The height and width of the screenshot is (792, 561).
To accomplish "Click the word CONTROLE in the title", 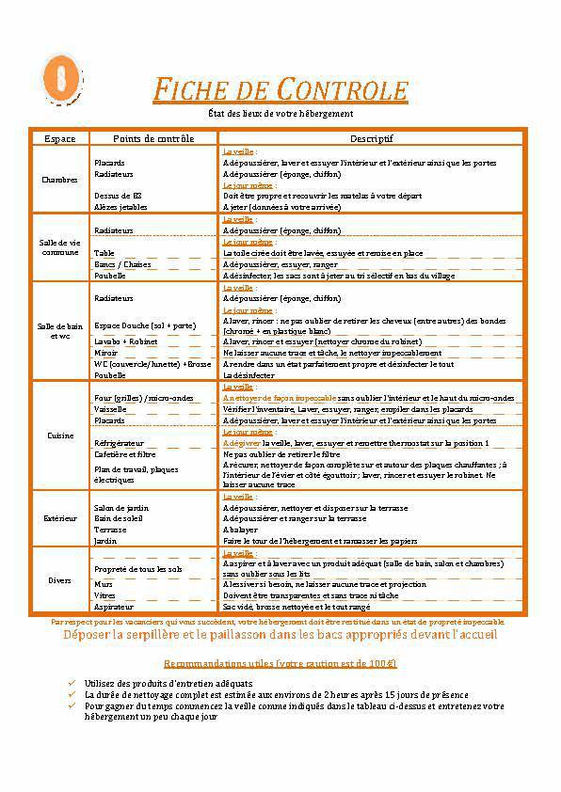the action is coord(344,91).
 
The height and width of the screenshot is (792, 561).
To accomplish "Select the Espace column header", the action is coord(60,138).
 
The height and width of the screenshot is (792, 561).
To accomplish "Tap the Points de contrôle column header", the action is coord(153,138).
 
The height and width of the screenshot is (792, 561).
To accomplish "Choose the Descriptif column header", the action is coord(371,138).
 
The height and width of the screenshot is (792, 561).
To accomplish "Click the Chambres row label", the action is coord(60,180).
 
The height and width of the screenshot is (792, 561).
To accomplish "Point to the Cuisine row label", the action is coord(60,436).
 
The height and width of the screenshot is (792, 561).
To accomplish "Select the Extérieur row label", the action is coord(60,518).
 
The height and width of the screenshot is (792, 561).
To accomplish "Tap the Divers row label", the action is coord(60,579).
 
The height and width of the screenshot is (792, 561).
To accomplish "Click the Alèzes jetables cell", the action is coord(120,206).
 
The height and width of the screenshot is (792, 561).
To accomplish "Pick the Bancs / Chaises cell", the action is coord(122,264).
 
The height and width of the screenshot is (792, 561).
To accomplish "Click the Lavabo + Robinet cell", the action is coord(125,341).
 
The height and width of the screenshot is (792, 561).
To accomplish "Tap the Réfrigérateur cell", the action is coord(119,442).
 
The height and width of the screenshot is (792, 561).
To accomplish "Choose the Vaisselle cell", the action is coord(111,409).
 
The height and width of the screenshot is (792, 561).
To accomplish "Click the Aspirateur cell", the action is coord(114,607).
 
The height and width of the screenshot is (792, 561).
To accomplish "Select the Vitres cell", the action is coord(104,595).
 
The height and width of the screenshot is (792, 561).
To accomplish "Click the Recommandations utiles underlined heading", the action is coord(280,663).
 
